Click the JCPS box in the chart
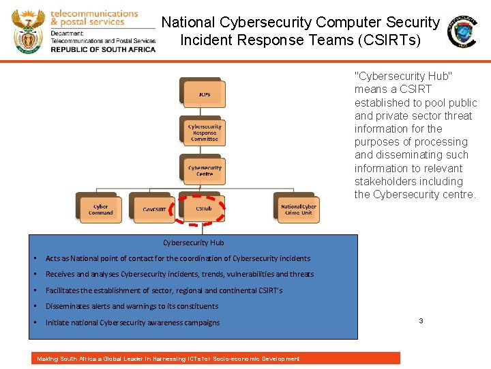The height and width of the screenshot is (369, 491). point(204,94)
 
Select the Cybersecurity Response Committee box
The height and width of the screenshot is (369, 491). point(205,133)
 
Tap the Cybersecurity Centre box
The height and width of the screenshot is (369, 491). point(205,171)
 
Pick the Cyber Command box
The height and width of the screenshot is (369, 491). point(100,209)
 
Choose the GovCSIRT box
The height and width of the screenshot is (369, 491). point(154,209)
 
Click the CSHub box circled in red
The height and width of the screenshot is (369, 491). point(203,208)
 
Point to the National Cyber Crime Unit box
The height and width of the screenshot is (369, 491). point(299,209)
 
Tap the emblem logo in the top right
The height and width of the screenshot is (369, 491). point(462,31)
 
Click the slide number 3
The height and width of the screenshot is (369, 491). point(421,320)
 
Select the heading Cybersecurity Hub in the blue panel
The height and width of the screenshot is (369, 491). point(194,243)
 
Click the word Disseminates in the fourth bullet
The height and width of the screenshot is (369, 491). point(66,306)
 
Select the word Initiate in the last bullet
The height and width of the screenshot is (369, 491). point(56,323)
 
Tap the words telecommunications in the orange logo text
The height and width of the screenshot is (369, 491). point(94,13)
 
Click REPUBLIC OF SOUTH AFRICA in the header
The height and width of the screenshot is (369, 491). point(103,49)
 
